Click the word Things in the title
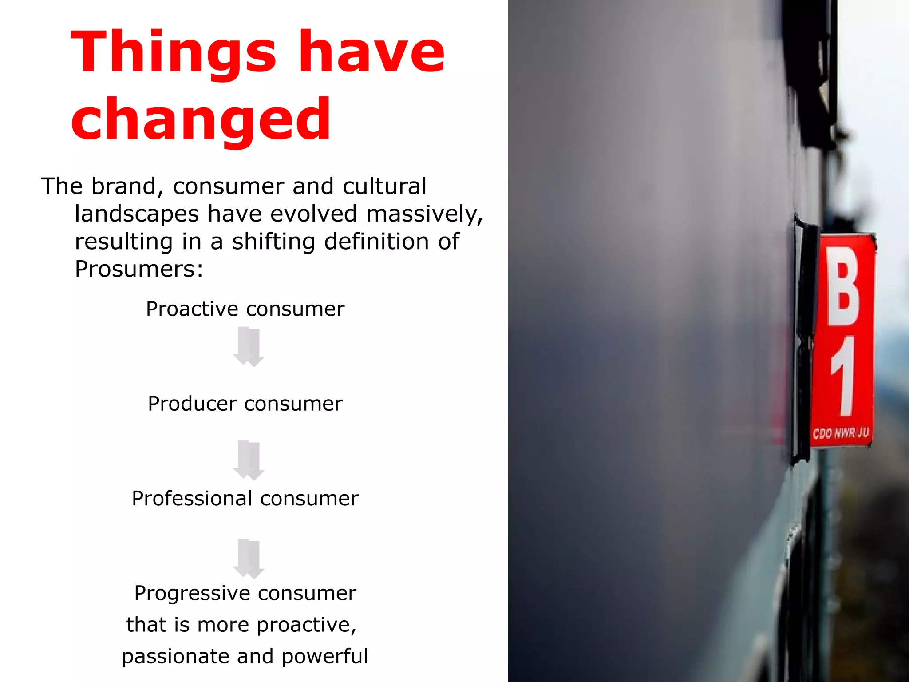[x=174, y=52]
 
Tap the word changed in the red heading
[x=201, y=120]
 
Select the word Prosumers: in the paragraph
[x=139, y=269]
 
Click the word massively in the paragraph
[x=424, y=214]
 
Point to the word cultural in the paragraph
[x=384, y=186]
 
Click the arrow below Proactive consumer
[x=249, y=347]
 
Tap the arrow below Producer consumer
[x=249, y=460]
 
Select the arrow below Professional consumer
[x=249, y=559]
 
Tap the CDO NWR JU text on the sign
[x=840, y=432]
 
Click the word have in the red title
[x=372, y=52]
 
